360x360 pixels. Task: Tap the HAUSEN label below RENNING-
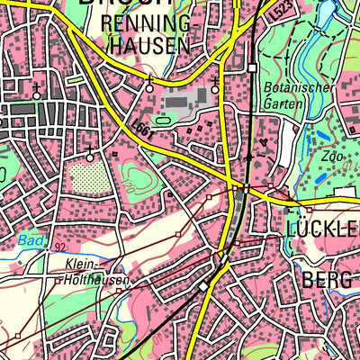[148, 44]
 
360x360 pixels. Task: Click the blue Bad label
[28, 240]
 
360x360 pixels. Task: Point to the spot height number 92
[58, 246]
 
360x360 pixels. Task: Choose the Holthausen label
[94, 280]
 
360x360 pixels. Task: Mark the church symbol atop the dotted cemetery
[90, 157]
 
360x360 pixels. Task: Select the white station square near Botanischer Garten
[252, 67]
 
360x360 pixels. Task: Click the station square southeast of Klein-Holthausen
[204, 286]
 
